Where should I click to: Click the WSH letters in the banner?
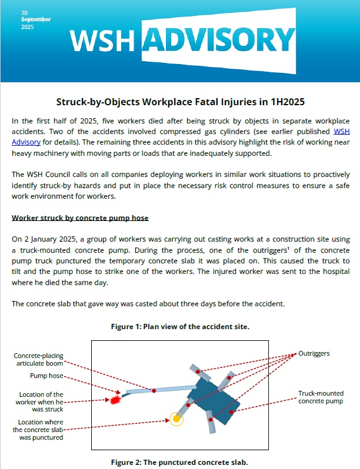point(105,41)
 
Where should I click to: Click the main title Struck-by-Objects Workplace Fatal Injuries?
point(180,101)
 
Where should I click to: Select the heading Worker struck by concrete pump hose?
point(80,218)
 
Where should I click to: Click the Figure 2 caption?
point(180,463)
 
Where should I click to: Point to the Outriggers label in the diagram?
point(314,353)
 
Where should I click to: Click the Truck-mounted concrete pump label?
point(321,397)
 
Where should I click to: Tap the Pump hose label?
point(46,376)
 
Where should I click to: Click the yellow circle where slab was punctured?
point(175,418)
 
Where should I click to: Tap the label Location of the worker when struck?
point(41,401)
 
